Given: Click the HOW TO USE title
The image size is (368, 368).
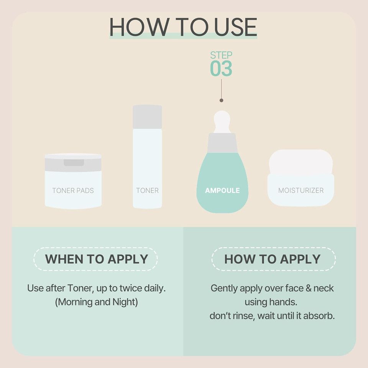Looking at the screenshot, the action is [x=183, y=27].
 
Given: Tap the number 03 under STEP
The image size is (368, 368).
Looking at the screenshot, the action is [x=221, y=69].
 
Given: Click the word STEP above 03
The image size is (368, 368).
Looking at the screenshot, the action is [x=221, y=55].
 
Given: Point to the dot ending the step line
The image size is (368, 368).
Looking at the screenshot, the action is [x=221, y=100].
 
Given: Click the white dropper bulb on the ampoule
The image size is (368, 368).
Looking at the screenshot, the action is [x=222, y=122].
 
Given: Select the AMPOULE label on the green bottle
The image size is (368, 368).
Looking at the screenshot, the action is [x=222, y=191].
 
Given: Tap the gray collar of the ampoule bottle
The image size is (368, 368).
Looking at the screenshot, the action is [x=222, y=143].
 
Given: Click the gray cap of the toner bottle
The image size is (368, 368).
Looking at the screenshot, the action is [x=147, y=117].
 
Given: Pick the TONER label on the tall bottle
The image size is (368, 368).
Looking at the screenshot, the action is [x=147, y=191].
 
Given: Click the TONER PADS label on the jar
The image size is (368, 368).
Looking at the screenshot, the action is [x=73, y=191].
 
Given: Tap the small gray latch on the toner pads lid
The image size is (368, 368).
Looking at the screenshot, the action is [x=74, y=163].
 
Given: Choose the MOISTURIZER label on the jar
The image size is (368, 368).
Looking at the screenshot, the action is [x=301, y=191].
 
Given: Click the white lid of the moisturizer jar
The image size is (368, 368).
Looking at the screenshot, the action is [x=301, y=162].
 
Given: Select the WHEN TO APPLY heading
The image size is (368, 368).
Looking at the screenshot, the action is [x=97, y=259].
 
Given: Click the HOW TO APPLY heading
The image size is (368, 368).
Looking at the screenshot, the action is [x=273, y=259].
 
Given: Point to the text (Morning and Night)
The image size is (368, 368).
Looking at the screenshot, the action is [x=97, y=302].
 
